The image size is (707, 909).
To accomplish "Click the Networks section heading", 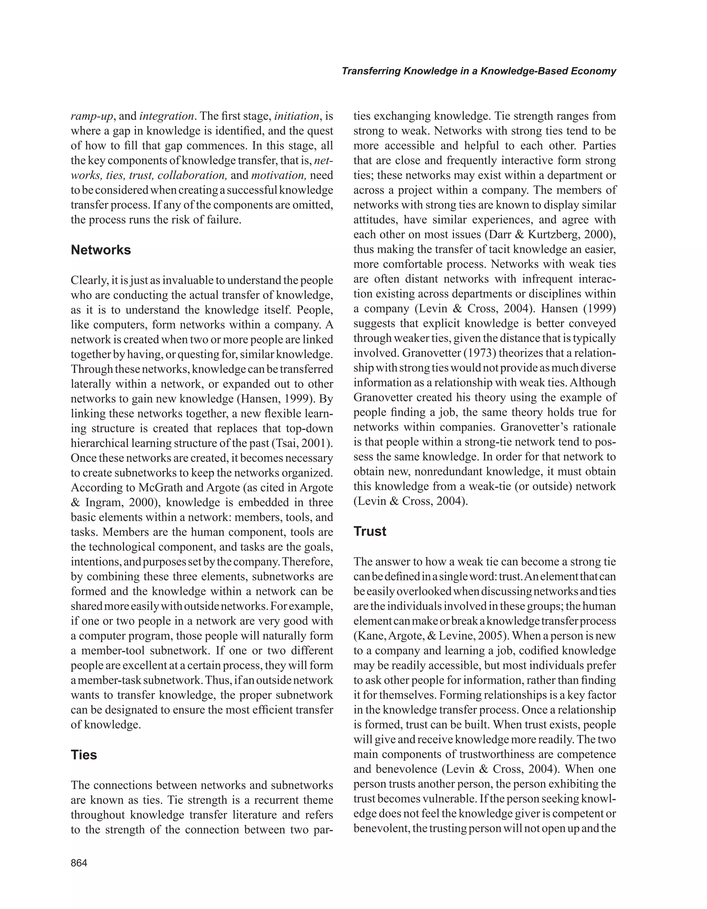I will [101, 250].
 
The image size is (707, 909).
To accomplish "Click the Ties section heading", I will [84, 755].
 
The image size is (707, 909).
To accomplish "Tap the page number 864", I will [79, 863].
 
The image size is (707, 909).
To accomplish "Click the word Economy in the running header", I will [593, 71].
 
